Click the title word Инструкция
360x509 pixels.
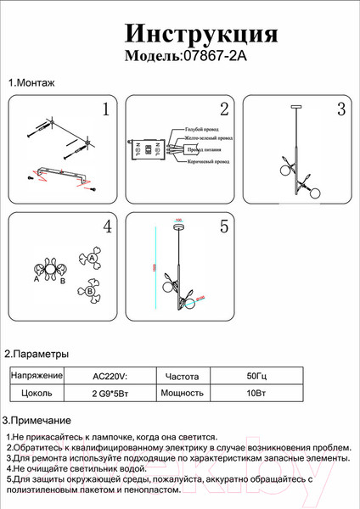tap(201, 33)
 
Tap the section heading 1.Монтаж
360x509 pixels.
tap(31, 83)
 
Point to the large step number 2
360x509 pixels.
tap(224, 109)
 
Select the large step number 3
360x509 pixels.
tap(340, 109)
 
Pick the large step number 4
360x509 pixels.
tap(107, 227)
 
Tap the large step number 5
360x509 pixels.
tap(224, 227)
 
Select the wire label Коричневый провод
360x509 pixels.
tap(208, 160)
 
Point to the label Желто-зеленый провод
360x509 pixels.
tap(210, 139)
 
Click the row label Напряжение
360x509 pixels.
tap(37, 375)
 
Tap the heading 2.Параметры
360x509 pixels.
tap(37, 354)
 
